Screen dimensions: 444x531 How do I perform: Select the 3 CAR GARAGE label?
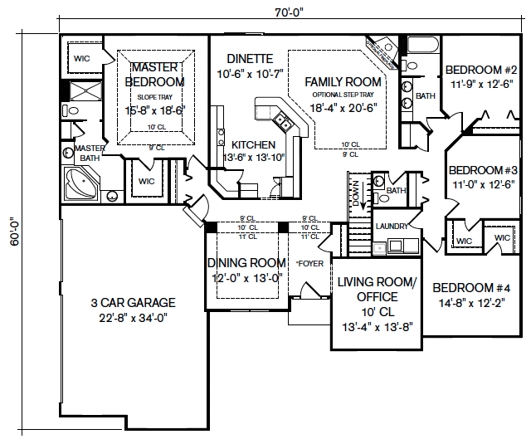[x=133, y=303]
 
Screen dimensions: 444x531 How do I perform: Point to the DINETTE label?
[x=250, y=58]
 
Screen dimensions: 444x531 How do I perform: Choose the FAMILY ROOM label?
[x=343, y=81]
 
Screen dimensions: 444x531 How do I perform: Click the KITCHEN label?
[x=253, y=144]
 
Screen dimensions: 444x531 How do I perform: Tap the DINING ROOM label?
[x=246, y=264]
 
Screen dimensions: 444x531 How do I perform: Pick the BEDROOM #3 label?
[x=483, y=170]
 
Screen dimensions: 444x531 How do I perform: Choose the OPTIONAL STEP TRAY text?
[x=342, y=95]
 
